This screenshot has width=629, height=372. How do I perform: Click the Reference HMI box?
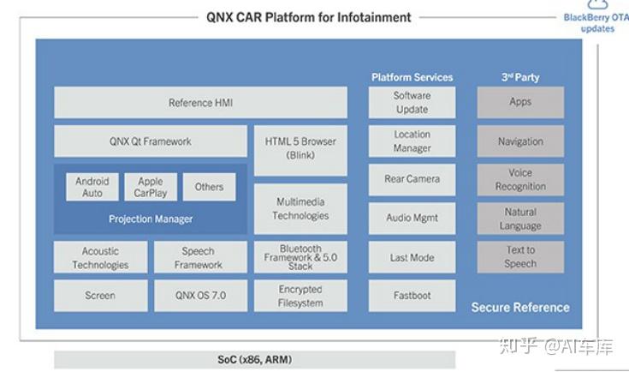[200, 103]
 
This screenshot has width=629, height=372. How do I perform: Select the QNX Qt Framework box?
[150, 141]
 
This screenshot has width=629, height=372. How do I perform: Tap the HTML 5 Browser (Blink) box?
[300, 148]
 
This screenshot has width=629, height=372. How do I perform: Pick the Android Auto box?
[92, 187]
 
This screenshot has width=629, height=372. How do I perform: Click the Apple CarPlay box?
[150, 187]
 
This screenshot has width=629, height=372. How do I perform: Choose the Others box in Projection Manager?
[209, 187]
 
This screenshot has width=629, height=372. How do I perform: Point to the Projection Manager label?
[150, 219]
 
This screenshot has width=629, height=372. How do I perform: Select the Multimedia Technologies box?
[300, 208]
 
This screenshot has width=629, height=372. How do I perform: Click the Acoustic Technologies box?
[100, 258]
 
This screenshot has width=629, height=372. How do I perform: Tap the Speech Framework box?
[199, 258]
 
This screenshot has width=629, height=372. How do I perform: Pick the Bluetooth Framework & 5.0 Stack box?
[300, 257]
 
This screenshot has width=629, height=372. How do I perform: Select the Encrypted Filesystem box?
[300, 296]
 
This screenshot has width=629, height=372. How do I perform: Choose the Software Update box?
[412, 103]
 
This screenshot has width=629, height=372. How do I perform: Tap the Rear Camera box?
[412, 179]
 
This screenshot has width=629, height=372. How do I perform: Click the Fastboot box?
[412, 296]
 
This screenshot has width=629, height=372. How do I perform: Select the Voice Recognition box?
[520, 179]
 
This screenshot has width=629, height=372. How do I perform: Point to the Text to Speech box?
[520, 257]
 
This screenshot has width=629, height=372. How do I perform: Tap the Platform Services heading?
[412, 77]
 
